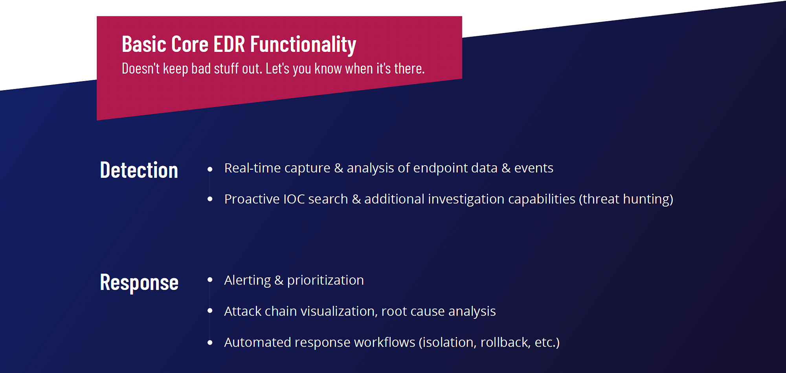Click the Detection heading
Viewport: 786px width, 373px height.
click(139, 170)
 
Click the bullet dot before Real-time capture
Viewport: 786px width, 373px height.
click(210, 169)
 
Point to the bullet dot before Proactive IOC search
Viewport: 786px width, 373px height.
click(210, 199)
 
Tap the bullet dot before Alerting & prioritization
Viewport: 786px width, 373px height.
click(210, 280)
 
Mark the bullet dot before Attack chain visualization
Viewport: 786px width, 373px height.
click(210, 311)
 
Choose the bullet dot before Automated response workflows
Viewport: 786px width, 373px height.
click(210, 343)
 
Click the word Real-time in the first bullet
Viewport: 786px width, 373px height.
click(252, 168)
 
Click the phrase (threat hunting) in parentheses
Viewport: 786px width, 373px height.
click(626, 199)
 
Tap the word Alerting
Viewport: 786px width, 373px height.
click(248, 281)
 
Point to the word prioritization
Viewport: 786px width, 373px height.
click(325, 281)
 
